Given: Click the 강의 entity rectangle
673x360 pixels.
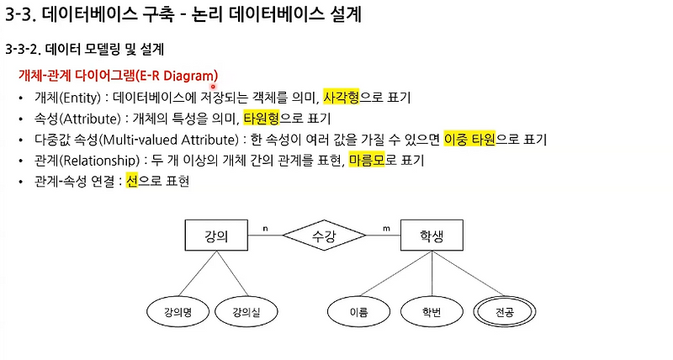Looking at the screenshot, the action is tap(216, 236).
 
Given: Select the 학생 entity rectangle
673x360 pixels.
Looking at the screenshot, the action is tap(432, 236).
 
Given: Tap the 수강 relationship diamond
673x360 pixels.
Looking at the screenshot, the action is tap(324, 236).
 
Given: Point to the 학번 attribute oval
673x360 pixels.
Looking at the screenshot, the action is tap(432, 312).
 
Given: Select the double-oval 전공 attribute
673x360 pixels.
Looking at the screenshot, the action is tap(506, 312).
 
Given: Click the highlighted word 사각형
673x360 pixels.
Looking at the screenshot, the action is tap(342, 98).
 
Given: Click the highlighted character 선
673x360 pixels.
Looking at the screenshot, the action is tap(131, 180).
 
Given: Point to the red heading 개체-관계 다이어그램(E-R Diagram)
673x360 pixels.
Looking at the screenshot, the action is tap(118, 75).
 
